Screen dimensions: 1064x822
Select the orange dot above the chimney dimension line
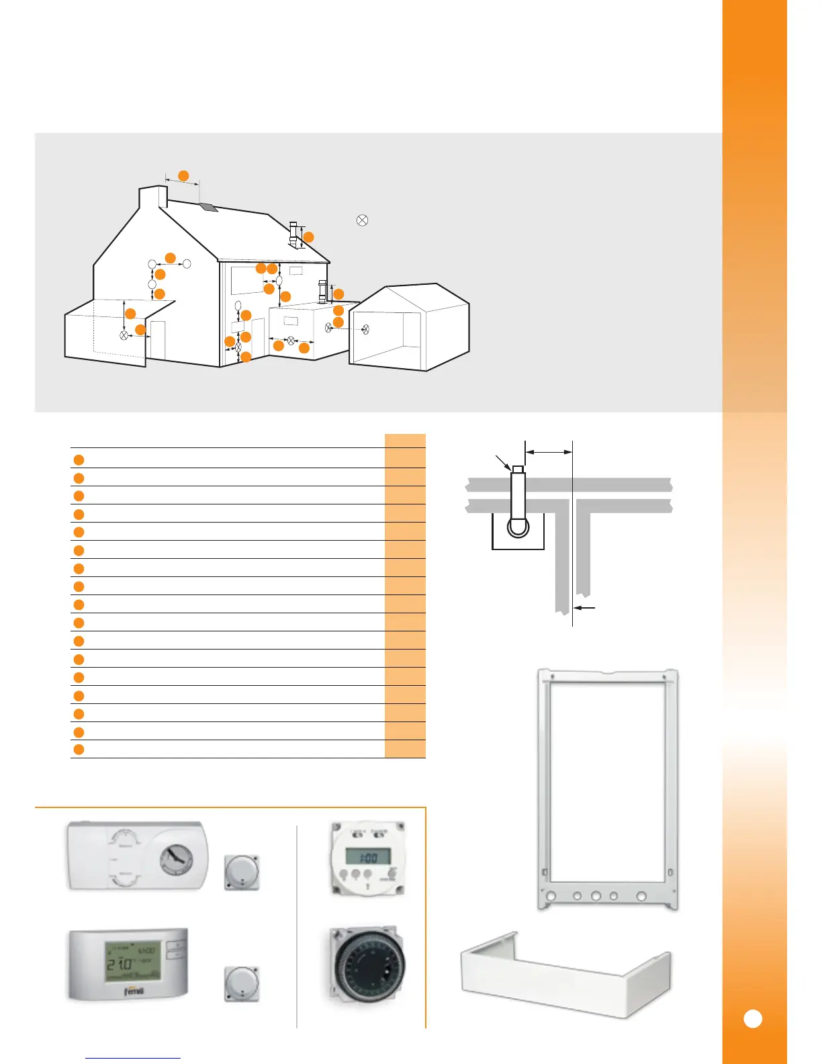183,176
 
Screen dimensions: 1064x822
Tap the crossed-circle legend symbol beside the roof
362,220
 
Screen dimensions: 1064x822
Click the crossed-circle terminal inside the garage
365,329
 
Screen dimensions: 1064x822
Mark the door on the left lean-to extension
157,341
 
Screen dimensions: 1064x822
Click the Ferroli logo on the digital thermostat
134,991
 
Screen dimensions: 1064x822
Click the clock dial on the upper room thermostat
176,858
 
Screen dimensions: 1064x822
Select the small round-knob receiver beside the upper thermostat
241,873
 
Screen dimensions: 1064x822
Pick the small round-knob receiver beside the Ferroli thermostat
241,984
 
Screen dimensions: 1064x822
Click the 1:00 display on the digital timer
367,857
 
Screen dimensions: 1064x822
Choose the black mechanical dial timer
367,965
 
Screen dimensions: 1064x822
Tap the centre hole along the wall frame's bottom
596,895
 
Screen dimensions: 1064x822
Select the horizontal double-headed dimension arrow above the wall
549,453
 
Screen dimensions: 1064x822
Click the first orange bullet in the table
79,460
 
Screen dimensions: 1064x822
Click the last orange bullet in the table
79,750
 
